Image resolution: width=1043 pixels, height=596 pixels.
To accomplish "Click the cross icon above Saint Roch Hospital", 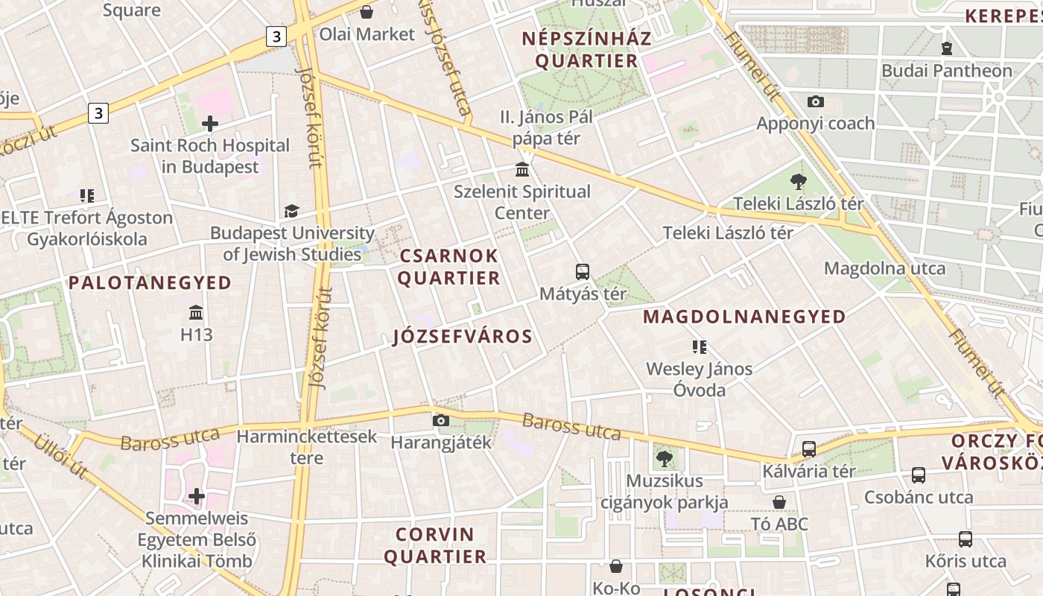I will tap(210, 123).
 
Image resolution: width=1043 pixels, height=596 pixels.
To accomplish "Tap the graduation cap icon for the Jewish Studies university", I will tap(291, 212).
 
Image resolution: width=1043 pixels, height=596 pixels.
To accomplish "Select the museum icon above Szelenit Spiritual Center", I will tap(522, 169).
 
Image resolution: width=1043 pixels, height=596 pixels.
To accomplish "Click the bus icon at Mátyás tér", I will tap(583, 271).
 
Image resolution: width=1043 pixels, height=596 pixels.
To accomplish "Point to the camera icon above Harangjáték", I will tap(441, 421).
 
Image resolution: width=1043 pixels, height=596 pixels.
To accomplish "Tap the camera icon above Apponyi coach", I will tap(816, 101).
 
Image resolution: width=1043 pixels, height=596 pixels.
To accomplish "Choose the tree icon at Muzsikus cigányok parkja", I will tap(665, 459).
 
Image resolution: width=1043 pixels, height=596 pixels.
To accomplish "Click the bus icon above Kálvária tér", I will tap(809, 449).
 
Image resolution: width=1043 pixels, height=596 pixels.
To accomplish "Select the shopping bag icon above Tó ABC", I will tap(779, 502).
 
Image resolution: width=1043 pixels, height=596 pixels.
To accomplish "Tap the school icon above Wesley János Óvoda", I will tap(699, 346).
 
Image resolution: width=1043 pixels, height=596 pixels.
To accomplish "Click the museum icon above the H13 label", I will tap(197, 312).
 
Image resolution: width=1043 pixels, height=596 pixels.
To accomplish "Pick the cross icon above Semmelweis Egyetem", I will tap(197, 495).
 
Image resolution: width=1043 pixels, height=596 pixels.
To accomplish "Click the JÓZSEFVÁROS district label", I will tap(463, 337).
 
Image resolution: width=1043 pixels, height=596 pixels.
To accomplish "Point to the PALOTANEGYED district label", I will tap(150, 283).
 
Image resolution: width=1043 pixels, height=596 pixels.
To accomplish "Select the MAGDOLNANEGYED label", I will tap(744, 317).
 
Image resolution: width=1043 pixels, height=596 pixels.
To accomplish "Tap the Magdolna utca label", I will tap(884, 268).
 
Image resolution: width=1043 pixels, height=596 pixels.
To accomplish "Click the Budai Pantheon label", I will tap(947, 71).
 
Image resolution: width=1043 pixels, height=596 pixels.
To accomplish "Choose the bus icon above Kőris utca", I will tap(966, 539).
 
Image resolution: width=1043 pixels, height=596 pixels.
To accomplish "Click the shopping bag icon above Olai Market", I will tap(367, 12).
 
